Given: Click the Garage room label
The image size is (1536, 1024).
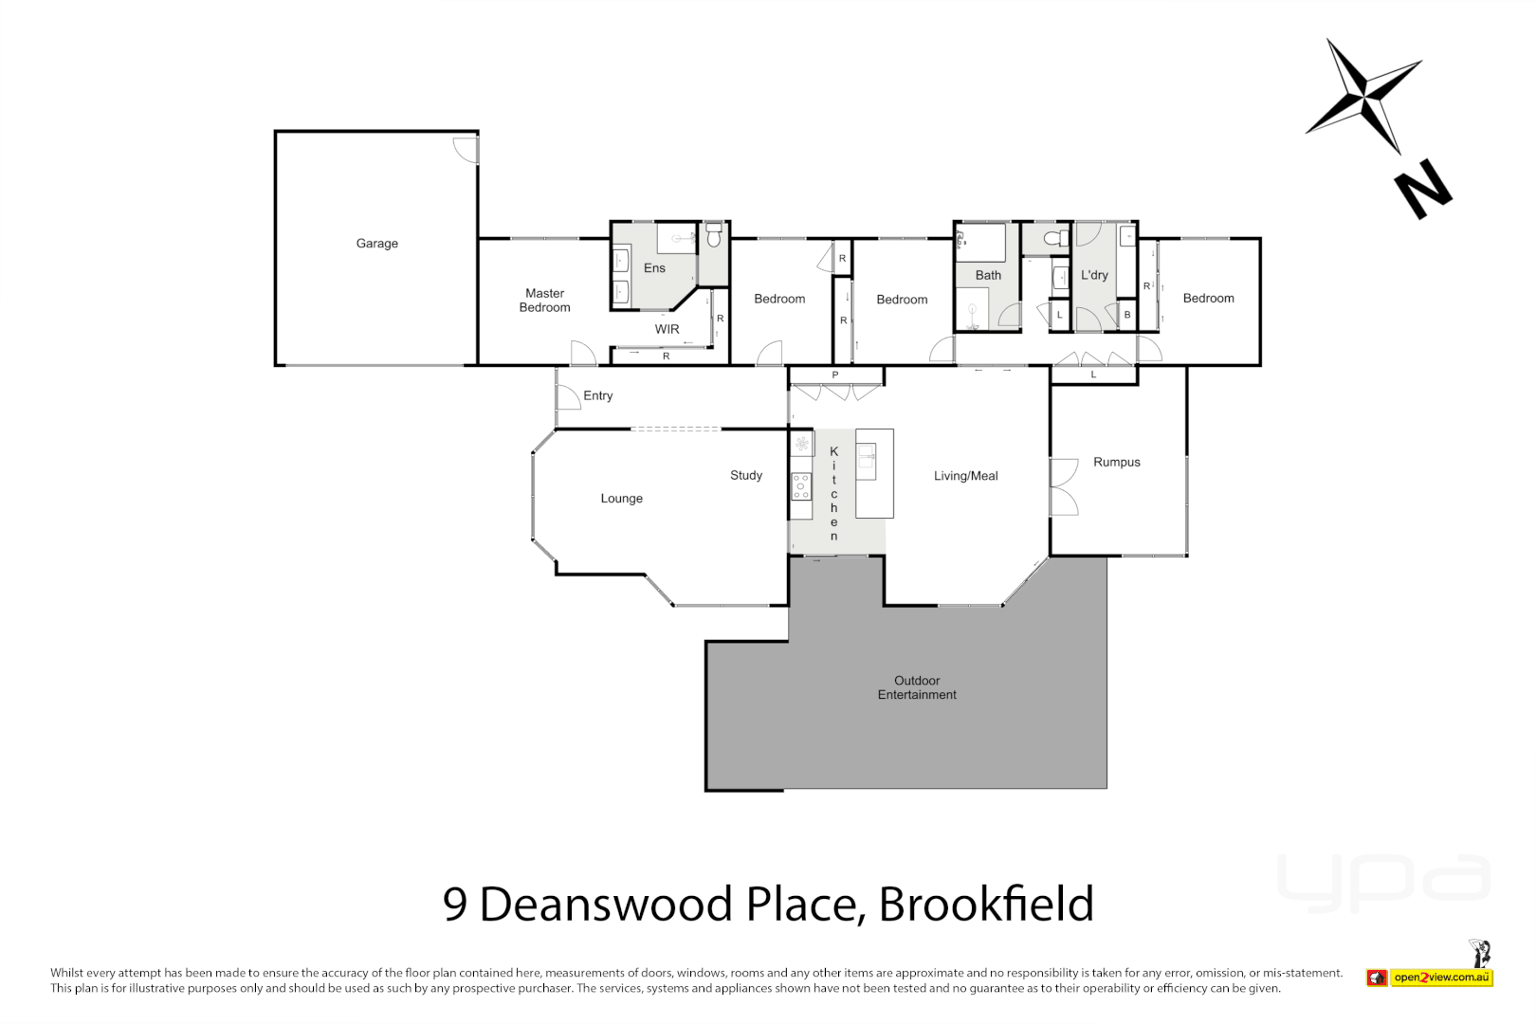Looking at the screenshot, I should pyautogui.click(x=376, y=244).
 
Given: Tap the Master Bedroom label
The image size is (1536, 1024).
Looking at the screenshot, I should pyautogui.click(x=544, y=301).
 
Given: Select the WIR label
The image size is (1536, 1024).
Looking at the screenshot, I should pyautogui.click(x=667, y=329).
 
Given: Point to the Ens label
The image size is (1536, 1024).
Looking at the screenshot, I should pyautogui.click(x=654, y=268).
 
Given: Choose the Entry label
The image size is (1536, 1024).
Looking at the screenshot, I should pyautogui.click(x=597, y=395).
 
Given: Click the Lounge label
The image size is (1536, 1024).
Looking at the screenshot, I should pyautogui.click(x=621, y=499).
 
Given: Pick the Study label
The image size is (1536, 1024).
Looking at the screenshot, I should pyautogui.click(x=746, y=475).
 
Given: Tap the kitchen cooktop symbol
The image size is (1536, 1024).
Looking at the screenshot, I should pyautogui.click(x=801, y=486).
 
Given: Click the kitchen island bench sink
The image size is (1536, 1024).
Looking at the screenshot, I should pyautogui.click(x=867, y=461).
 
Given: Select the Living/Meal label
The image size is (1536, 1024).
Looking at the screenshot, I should pyautogui.click(x=965, y=476).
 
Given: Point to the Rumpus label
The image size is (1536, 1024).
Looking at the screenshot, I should pyautogui.click(x=1116, y=463).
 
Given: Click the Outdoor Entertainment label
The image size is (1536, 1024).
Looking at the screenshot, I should pyautogui.click(x=917, y=687).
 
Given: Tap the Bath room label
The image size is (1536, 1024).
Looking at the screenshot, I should pyautogui.click(x=988, y=275).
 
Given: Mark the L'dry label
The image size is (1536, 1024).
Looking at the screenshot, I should pyautogui.click(x=1094, y=275).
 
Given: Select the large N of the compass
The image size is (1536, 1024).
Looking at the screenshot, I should pyautogui.click(x=1423, y=190).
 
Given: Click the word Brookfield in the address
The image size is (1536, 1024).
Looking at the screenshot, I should pyautogui.click(x=986, y=904).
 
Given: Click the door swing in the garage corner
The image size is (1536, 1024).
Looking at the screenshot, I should pyautogui.click(x=466, y=149).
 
